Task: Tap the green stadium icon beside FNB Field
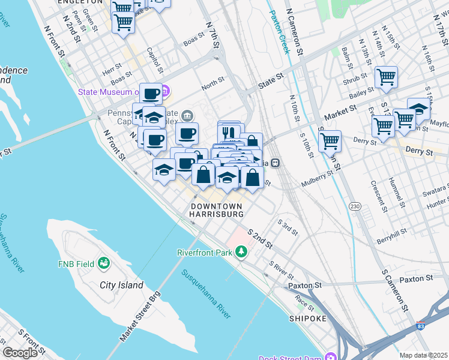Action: (x=104, y=263)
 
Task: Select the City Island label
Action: (x=121, y=286)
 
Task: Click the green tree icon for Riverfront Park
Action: (x=241, y=252)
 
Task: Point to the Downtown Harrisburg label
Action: (x=217, y=210)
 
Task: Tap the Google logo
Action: (x=20, y=353)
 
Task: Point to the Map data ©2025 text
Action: (x=424, y=355)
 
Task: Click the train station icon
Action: (x=276, y=162)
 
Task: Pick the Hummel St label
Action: (x=394, y=189)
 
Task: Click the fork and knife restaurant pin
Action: (x=229, y=132)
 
